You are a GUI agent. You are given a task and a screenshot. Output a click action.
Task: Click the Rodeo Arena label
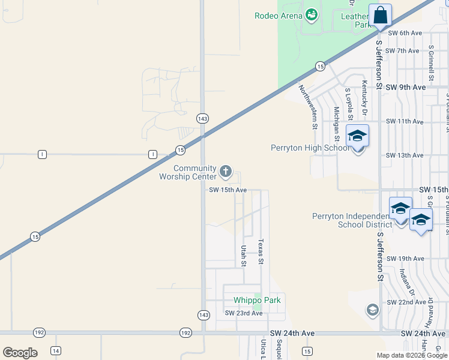[x=278, y=16]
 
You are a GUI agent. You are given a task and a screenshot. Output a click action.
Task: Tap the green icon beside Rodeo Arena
[x=311, y=14]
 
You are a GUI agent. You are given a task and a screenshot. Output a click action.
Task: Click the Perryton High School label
[x=309, y=148]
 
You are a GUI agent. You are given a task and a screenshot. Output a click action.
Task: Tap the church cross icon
[x=226, y=172]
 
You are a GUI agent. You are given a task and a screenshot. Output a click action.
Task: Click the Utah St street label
[x=244, y=255]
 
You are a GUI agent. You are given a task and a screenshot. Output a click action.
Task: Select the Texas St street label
[x=261, y=252]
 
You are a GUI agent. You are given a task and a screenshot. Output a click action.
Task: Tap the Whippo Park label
[x=257, y=300]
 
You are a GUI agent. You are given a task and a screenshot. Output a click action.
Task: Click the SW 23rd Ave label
[x=244, y=313]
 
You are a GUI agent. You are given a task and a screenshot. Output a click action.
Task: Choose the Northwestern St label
[x=307, y=107]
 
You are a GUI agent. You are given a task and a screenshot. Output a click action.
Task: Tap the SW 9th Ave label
[x=406, y=87]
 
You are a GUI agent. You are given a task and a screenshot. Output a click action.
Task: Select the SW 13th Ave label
[x=405, y=155]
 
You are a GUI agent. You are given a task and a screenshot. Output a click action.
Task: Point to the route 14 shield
[x=56, y=350]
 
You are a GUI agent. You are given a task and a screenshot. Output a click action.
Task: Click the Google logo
[x=20, y=353]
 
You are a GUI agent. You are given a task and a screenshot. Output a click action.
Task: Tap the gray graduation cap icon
[x=372, y=310]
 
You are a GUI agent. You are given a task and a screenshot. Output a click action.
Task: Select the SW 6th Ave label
[x=405, y=33]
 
